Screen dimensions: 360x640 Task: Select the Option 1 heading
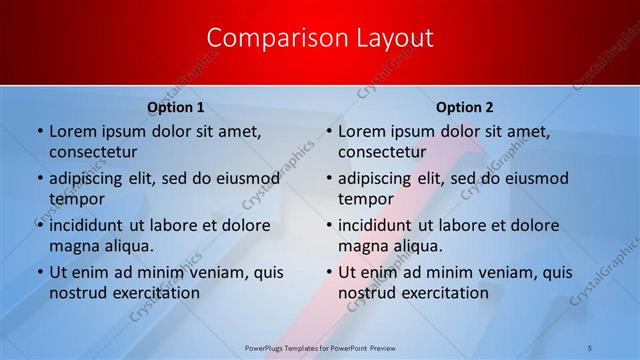(x=176, y=107)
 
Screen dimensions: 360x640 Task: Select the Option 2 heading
(x=465, y=107)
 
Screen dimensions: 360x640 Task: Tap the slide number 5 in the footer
(x=590, y=347)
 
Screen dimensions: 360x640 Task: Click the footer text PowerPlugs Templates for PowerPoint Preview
(x=319, y=347)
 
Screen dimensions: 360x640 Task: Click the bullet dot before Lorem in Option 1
(x=39, y=131)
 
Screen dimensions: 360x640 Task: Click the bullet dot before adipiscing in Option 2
(x=328, y=179)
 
